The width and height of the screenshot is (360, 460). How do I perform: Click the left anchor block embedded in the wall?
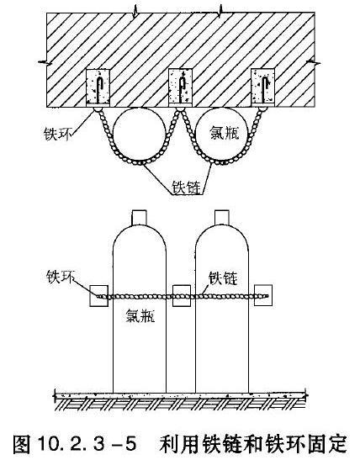(98, 87)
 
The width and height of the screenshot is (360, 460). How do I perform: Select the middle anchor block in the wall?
(181, 87)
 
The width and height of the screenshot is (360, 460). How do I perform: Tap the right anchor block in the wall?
(263, 87)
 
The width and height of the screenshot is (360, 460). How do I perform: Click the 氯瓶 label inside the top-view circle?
(225, 133)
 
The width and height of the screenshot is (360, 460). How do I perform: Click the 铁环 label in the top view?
(57, 135)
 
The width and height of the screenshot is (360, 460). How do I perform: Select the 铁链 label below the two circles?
(187, 188)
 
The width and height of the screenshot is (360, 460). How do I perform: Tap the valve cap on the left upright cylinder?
(139, 217)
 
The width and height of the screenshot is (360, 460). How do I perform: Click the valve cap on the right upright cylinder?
(222, 217)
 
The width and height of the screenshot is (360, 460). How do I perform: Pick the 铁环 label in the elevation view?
(61, 277)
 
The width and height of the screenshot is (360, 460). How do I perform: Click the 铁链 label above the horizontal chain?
(223, 278)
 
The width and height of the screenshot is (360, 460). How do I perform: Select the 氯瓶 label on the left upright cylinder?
(140, 316)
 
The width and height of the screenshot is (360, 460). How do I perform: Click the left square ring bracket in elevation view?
(98, 296)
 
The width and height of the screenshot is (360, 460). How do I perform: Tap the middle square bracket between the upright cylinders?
(182, 296)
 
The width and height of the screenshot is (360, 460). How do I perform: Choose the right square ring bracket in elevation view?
(263, 296)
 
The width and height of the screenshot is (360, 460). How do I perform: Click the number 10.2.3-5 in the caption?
(87, 443)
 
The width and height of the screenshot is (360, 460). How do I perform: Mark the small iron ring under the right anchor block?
(262, 109)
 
